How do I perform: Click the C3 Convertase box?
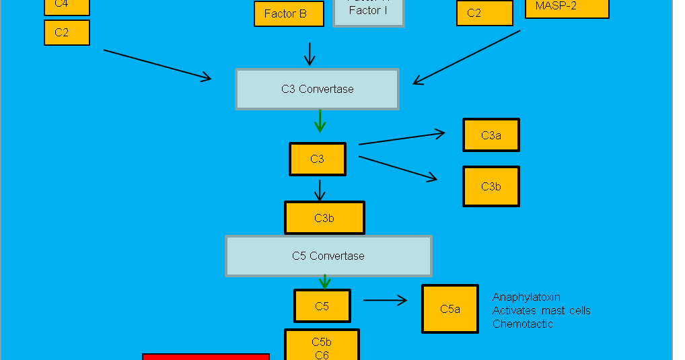click(317, 89)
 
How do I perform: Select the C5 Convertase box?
click(328, 256)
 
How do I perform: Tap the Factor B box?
click(289, 13)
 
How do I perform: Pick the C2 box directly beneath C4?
click(67, 32)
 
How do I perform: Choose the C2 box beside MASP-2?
click(484, 13)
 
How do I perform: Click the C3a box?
click(491, 135)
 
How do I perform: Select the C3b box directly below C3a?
click(491, 186)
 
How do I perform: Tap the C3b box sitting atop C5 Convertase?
click(324, 218)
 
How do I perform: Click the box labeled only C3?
click(317, 159)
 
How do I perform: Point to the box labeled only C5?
click(322, 306)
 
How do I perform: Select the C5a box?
click(449, 309)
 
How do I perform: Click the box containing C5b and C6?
click(322, 346)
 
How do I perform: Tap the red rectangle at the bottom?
click(206, 357)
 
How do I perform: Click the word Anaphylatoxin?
click(526, 297)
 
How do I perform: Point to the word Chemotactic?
click(523, 324)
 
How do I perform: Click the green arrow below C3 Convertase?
click(320, 121)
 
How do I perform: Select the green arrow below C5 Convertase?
click(325, 281)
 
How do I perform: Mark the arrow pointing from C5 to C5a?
click(385, 301)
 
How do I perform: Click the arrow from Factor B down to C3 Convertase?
click(310, 54)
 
